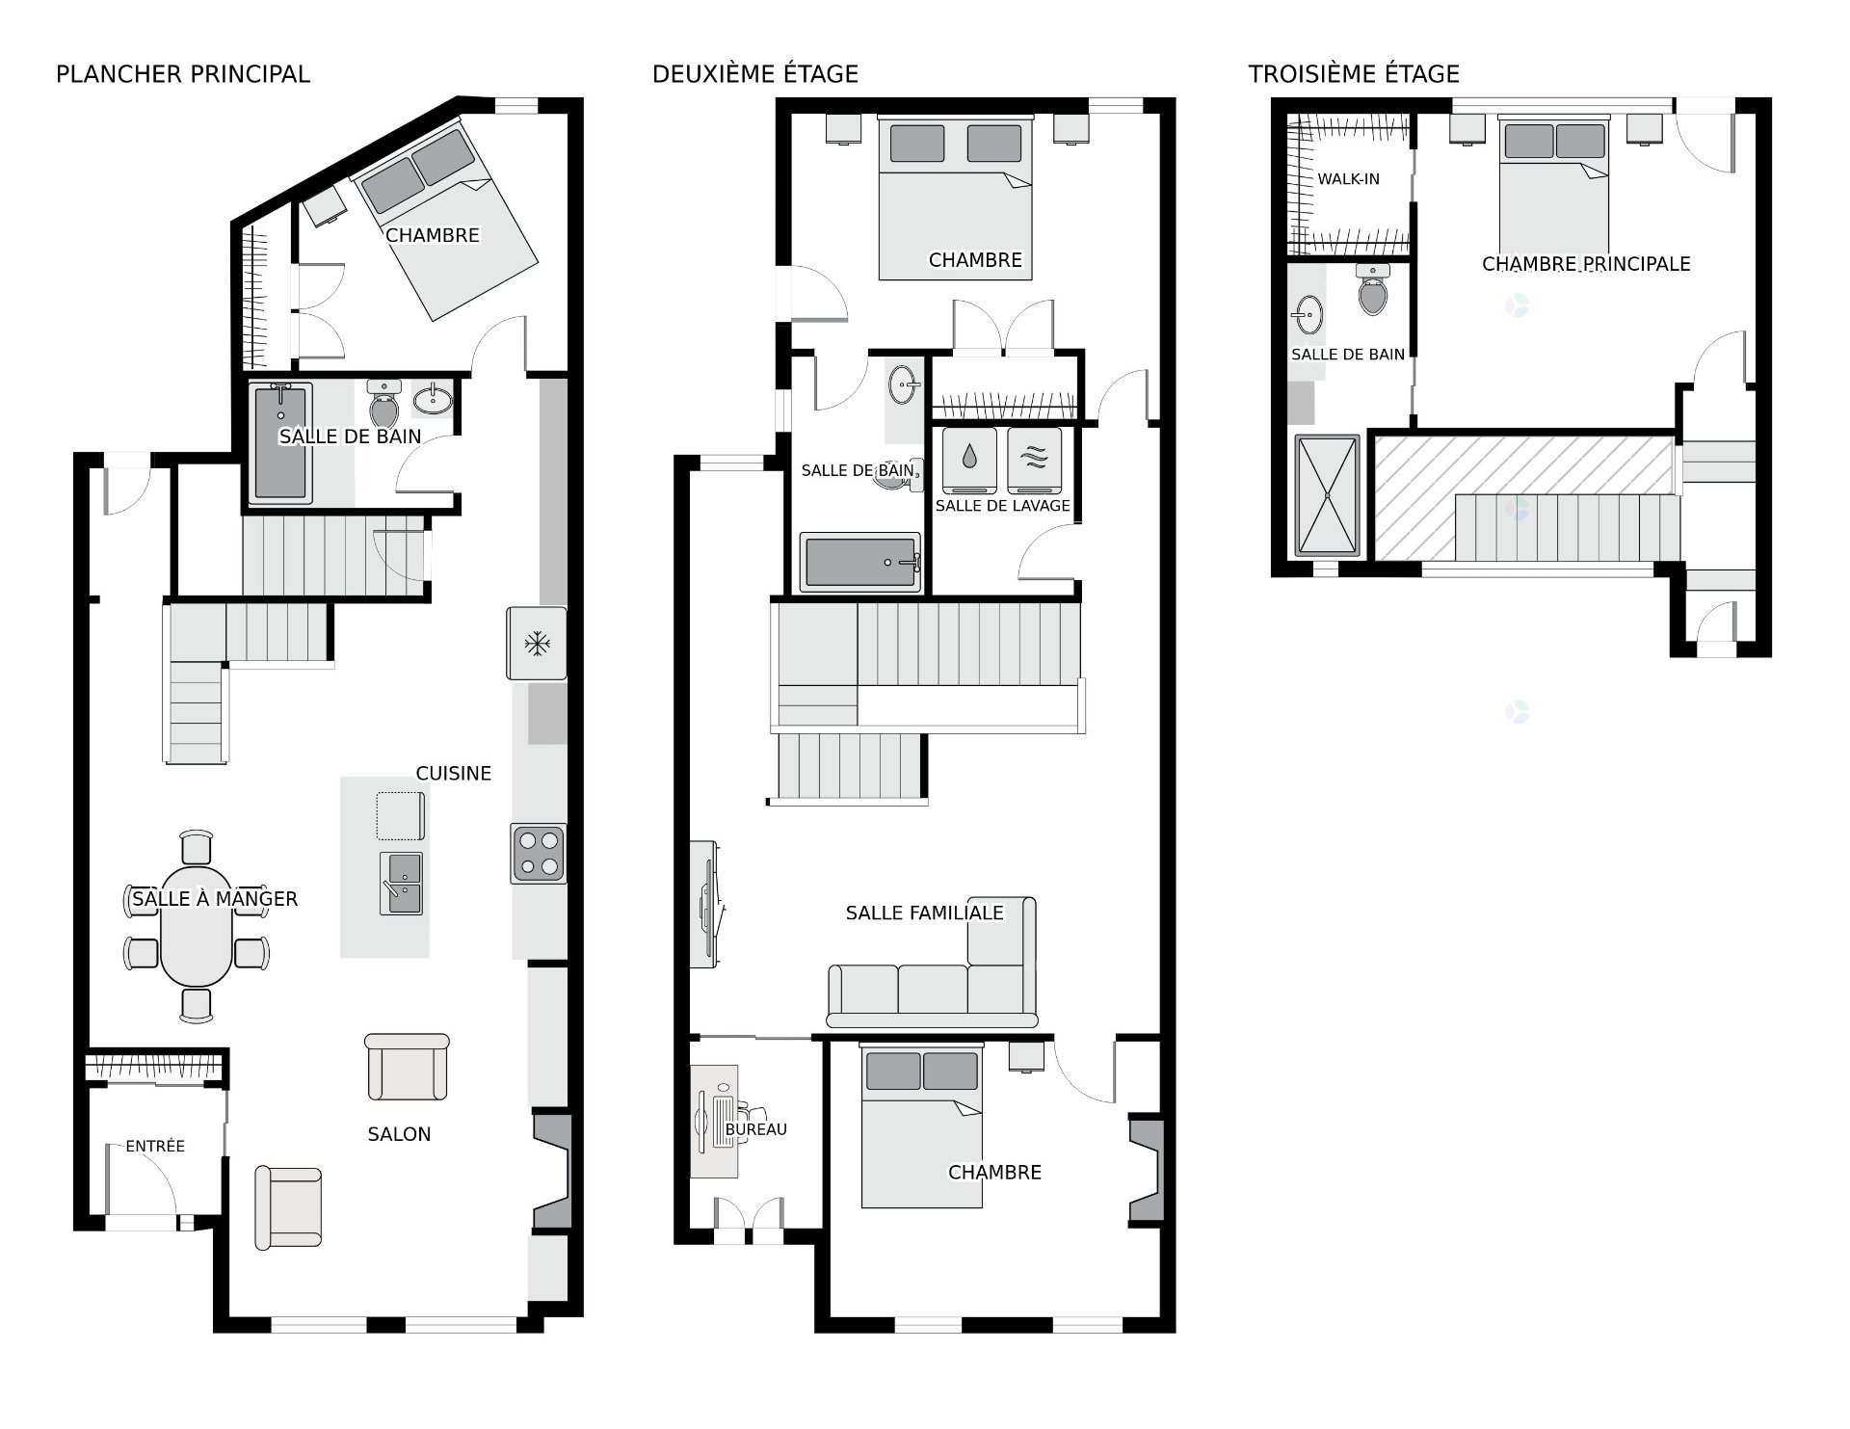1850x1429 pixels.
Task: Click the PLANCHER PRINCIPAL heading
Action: point(183,74)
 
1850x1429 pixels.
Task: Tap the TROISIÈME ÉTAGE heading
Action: point(1354,74)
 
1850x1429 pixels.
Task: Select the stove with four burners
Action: point(539,853)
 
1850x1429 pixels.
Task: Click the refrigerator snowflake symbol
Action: point(537,643)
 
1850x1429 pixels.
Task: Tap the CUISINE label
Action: point(454,773)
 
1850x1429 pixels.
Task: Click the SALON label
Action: point(399,1134)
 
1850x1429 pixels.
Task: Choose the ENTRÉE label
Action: point(155,1146)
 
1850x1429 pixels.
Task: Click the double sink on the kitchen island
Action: point(401,883)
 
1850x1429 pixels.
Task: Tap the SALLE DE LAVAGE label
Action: point(1003,505)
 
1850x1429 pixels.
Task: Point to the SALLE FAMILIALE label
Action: point(925,913)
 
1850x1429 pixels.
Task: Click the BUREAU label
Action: point(756,1129)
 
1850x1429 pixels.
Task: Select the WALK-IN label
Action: point(1349,178)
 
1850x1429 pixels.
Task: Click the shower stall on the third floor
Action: point(1328,495)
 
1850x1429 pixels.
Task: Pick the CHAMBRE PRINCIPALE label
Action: point(1586,264)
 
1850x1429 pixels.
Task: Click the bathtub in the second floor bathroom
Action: point(860,562)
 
